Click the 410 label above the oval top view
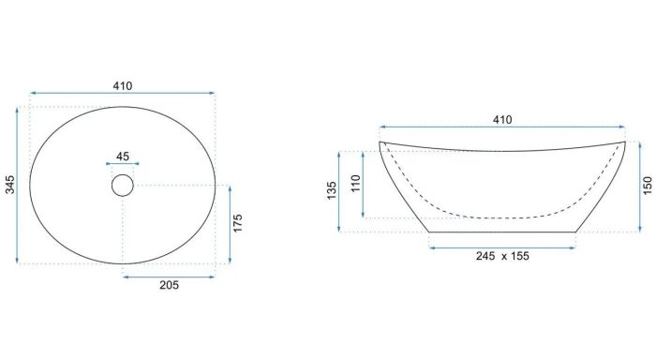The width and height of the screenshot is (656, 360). click(123, 86)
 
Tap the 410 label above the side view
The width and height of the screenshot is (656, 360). click(502, 120)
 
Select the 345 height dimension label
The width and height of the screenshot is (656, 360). click(9, 185)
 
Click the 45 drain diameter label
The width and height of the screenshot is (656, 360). click(122, 157)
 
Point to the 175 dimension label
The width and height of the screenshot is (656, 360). click(237, 223)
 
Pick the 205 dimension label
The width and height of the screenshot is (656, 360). click(169, 285)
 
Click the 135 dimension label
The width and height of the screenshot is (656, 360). click(332, 190)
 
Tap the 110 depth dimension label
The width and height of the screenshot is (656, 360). click(355, 184)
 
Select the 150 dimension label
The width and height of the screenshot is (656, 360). click(647, 186)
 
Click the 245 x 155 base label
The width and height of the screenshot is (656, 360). click(502, 256)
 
